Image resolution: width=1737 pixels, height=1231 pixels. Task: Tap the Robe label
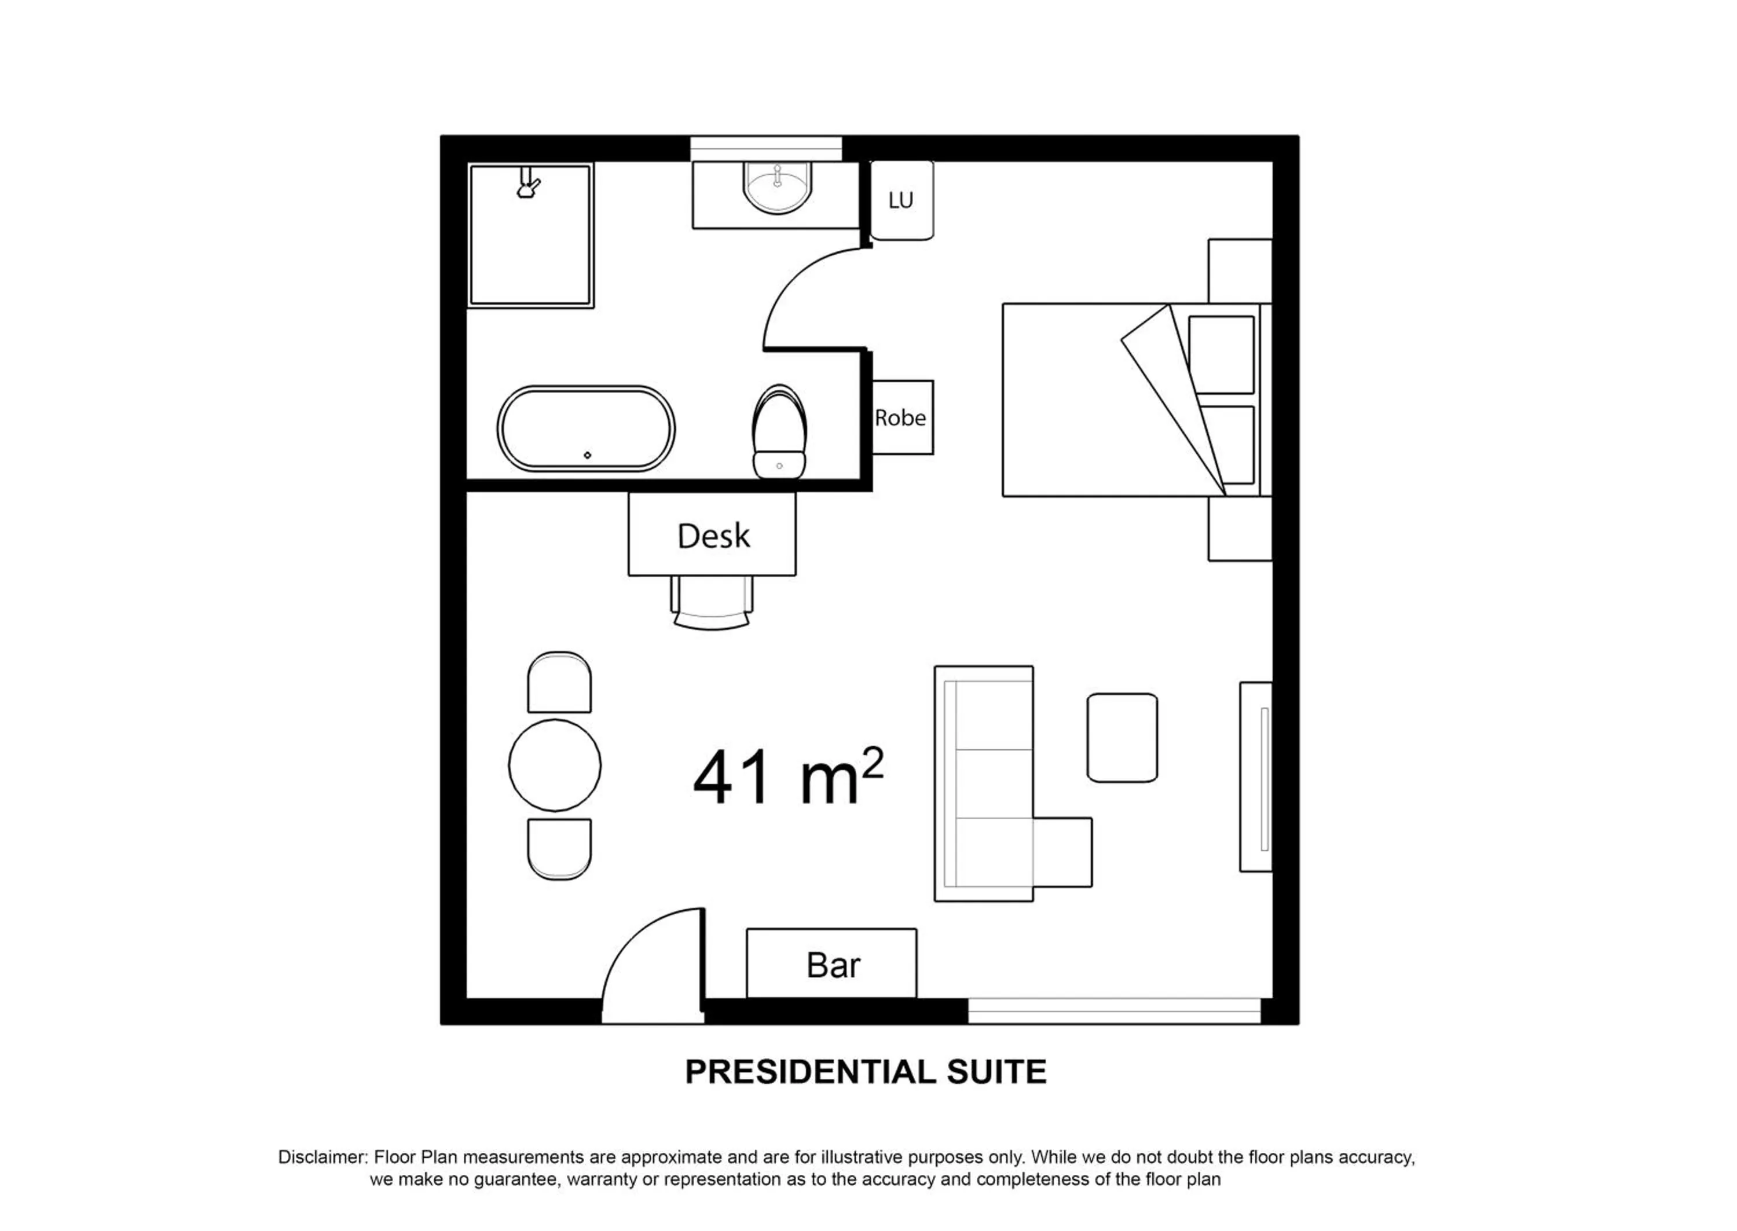click(900, 417)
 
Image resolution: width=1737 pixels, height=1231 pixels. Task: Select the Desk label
click(713, 536)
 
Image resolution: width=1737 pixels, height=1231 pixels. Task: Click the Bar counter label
click(833, 965)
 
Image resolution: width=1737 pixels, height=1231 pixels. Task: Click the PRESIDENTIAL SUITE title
click(866, 1072)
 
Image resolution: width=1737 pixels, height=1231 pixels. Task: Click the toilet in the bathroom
click(779, 432)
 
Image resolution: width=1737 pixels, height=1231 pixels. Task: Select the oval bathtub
click(586, 428)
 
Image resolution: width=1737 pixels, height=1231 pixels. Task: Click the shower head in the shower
click(528, 184)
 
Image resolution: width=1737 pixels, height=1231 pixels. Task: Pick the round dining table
click(555, 765)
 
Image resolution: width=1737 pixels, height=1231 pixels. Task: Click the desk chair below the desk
click(712, 603)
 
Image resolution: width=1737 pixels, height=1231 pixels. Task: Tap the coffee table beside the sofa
click(1122, 738)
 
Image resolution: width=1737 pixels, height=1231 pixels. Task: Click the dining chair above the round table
click(559, 682)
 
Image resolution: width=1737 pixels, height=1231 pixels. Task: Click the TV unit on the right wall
click(1256, 777)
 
